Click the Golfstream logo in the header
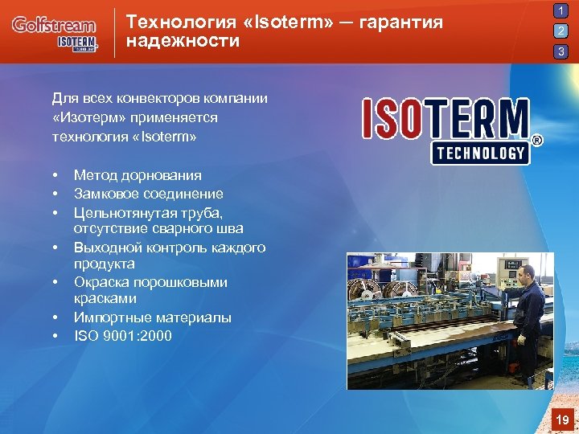point(53,25)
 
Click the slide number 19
point(562,420)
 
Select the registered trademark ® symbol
point(537,141)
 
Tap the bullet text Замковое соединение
point(148,194)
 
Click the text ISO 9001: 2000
point(122,336)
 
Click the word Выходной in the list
point(103,248)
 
